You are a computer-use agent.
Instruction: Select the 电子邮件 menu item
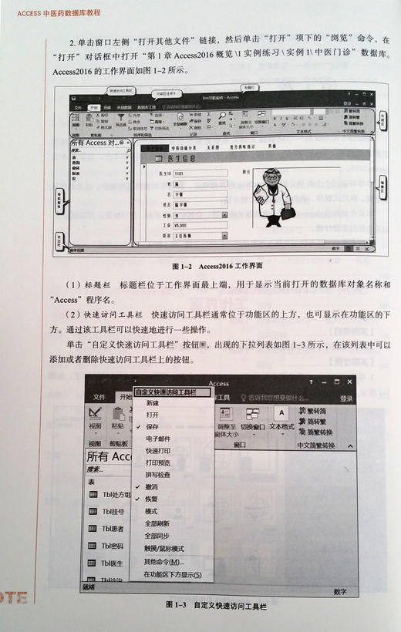click(157, 439)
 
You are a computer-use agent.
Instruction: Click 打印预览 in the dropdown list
click(157, 462)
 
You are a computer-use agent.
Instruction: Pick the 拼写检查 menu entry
click(157, 475)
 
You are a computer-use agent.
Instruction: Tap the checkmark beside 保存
click(137, 426)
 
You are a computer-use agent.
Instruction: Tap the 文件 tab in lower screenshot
click(99, 398)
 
